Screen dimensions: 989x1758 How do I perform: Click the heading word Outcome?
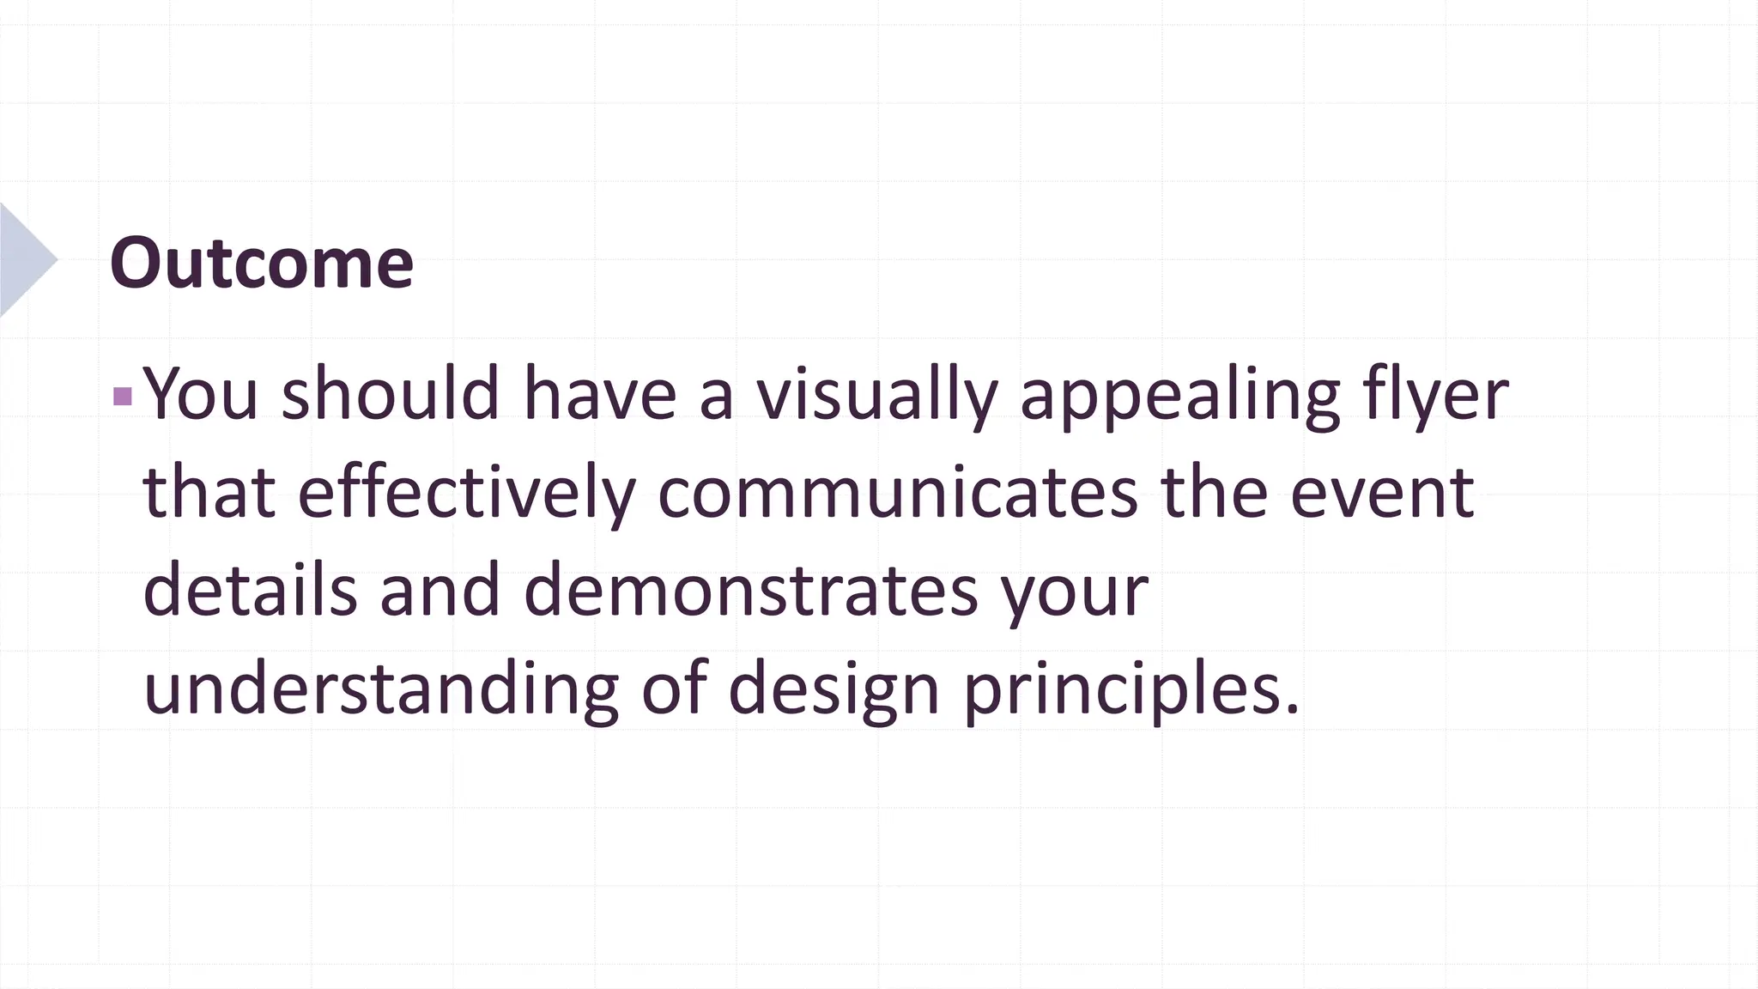(262, 263)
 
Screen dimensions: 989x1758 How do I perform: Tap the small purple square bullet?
(123, 396)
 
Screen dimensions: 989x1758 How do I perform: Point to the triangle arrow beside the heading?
(26, 259)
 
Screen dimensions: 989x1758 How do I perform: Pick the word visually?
(876, 395)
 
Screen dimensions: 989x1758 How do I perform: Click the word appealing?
(1179, 395)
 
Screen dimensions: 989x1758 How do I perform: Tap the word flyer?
(1435, 395)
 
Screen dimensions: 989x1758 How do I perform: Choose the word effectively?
(466, 493)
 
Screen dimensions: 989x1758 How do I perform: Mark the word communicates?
(897, 493)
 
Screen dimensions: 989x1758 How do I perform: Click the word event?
(1382, 493)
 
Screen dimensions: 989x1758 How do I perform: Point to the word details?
(249, 591)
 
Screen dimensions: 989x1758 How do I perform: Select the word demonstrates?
(750, 591)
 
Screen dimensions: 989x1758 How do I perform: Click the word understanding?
(380, 690)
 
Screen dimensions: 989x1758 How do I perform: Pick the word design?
(834, 690)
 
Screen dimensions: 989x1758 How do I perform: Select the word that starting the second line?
(209, 493)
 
